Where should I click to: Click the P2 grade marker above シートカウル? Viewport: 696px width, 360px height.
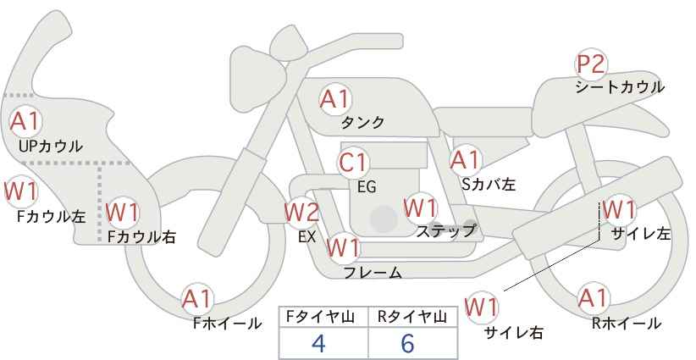[591, 64]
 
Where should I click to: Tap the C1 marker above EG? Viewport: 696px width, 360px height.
[353, 163]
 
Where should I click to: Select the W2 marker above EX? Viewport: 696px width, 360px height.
[301, 213]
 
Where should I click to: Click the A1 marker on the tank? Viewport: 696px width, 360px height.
[335, 99]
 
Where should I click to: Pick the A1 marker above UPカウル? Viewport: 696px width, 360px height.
[25, 121]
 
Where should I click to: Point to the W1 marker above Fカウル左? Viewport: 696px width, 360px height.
[20, 191]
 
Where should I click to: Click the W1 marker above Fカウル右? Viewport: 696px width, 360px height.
[123, 213]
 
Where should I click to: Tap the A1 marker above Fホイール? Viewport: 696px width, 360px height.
[197, 299]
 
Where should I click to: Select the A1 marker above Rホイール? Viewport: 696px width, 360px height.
[592, 298]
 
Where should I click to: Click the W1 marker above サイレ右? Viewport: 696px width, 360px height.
[481, 307]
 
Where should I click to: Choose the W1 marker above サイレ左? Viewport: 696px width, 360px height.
[619, 209]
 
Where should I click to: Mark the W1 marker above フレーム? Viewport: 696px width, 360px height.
[343, 247]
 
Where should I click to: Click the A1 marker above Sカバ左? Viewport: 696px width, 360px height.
[465, 161]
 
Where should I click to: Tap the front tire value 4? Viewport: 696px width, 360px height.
[318, 343]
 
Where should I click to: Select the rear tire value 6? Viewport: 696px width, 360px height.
[407, 343]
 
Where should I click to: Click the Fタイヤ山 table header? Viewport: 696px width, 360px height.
[320, 317]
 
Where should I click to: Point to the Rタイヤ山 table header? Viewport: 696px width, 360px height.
[412, 317]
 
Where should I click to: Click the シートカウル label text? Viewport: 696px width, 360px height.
[620, 87]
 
